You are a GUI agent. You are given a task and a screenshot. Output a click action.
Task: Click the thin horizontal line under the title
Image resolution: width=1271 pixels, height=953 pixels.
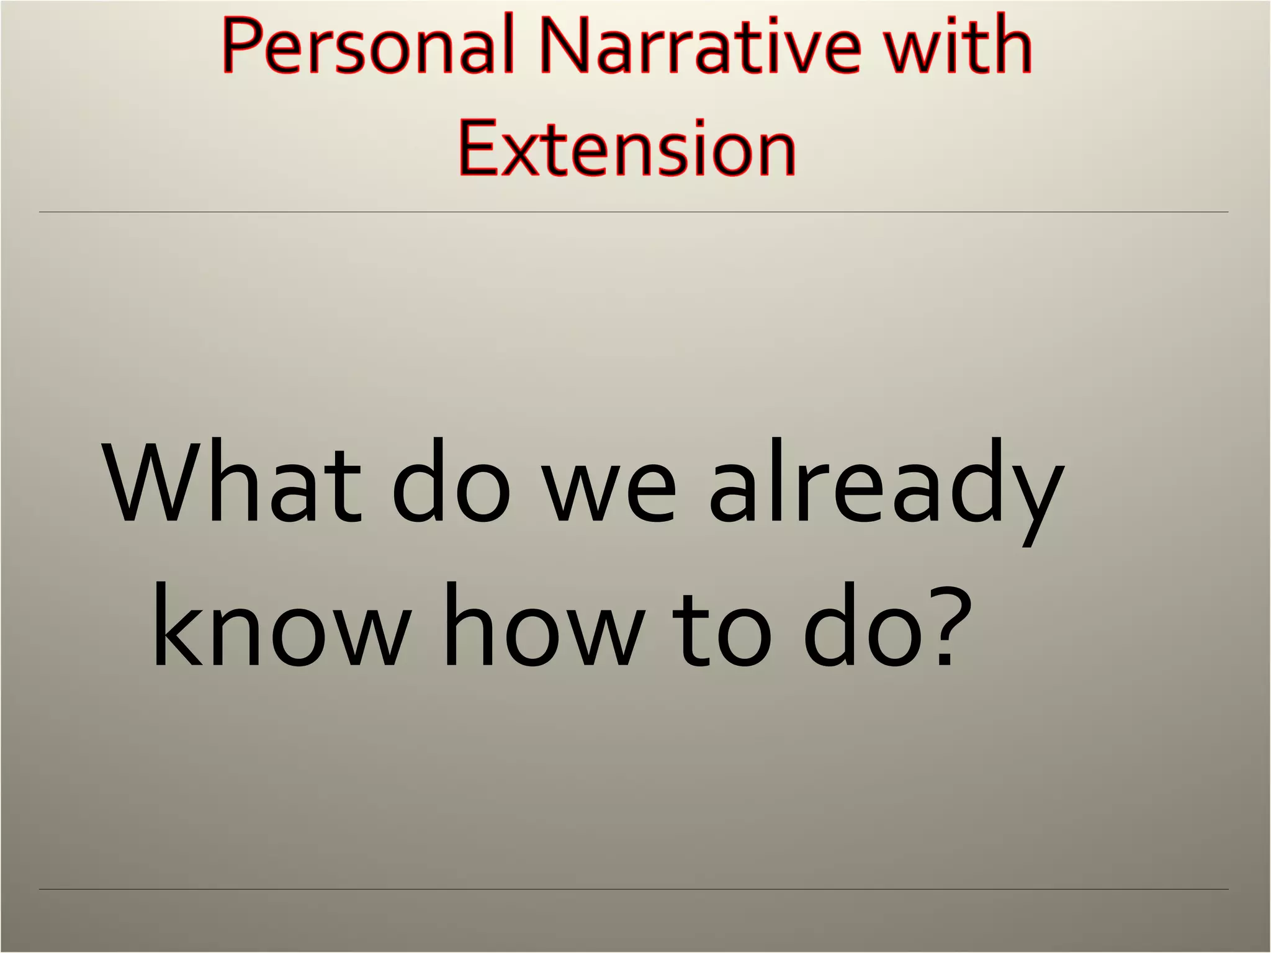(633, 212)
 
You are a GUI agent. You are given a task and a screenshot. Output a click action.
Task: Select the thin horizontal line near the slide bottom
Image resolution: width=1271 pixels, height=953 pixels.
(633, 889)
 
